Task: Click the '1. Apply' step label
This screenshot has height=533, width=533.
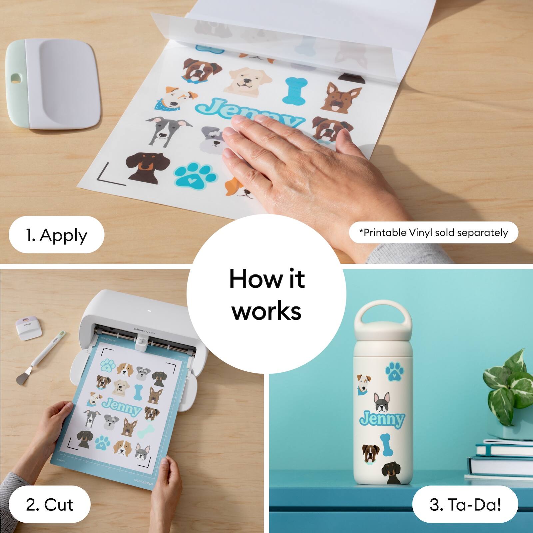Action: click(x=56, y=235)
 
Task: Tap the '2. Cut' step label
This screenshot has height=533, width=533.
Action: click(x=49, y=505)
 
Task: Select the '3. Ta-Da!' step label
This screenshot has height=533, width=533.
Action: click(x=465, y=504)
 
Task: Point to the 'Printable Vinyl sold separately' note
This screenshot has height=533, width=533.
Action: click(x=434, y=233)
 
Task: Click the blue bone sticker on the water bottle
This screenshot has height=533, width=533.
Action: click(x=386, y=444)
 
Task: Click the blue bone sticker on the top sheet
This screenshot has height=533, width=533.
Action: click(x=294, y=90)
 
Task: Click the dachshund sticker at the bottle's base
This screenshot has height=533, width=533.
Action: click(x=392, y=473)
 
